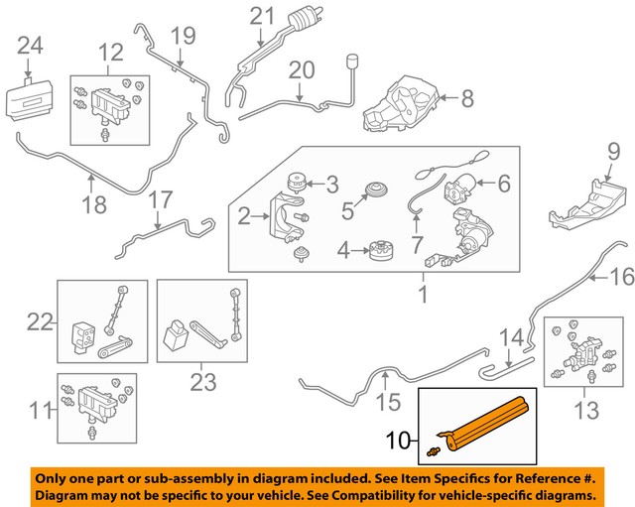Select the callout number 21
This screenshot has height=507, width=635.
point(261,16)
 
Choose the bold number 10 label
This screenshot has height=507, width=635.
point(398,438)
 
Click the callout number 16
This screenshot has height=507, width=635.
point(620,275)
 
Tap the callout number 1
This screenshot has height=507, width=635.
point(422,295)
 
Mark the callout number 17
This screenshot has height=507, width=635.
point(160,201)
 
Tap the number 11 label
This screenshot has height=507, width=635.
point(37,409)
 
